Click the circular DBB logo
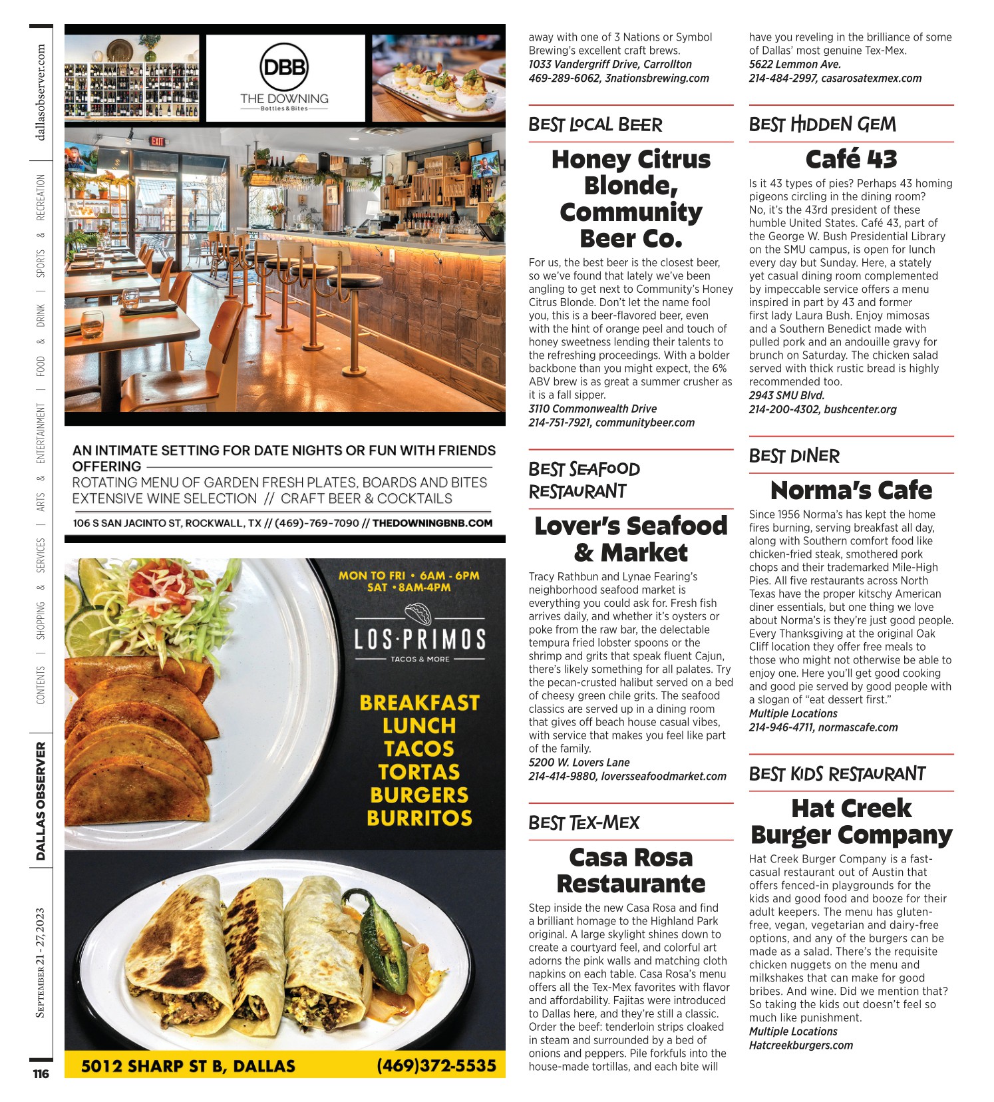(x=284, y=67)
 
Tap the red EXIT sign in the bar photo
(x=157, y=141)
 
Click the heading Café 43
(x=851, y=159)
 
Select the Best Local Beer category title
(x=595, y=124)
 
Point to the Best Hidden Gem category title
(x=822, y=124)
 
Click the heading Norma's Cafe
(x=851, y=490)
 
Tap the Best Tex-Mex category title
(x=583, y=823)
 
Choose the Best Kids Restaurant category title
(x=837, y=774)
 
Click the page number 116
(x=41, y=1074)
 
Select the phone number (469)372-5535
(x=436, y=1065)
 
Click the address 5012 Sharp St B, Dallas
(x=188, y=1066)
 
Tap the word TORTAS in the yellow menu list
(x=419, y=772)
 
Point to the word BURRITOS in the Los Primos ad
(x=419, y=818)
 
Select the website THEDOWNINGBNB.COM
(x=432, y=523)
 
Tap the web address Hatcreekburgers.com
(x=801, y=1045)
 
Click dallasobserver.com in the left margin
(x=41, y=92)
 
